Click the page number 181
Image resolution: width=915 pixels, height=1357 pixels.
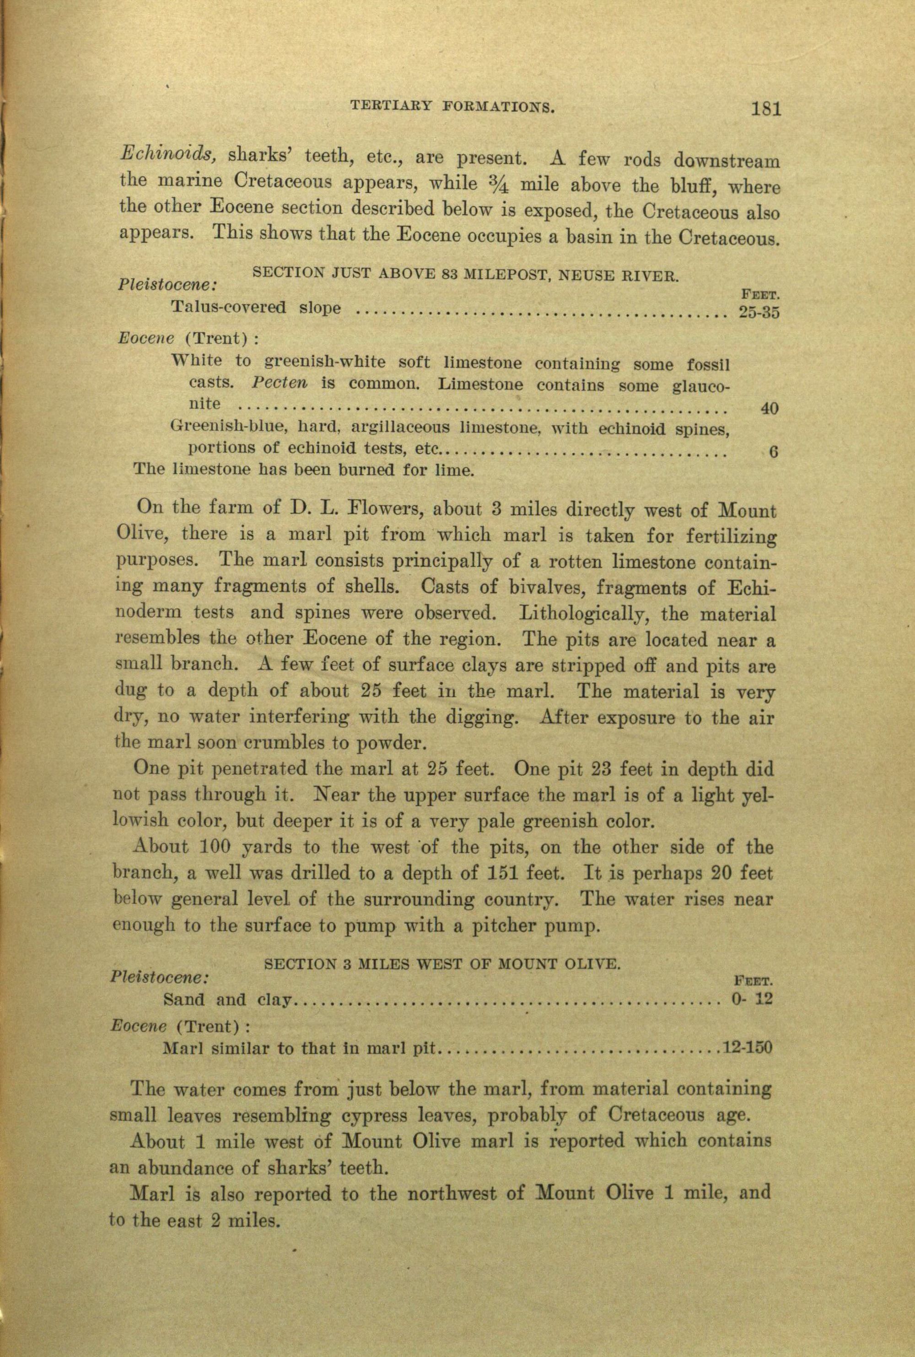point(766,108)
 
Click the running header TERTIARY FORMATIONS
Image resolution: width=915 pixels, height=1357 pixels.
point(451,106)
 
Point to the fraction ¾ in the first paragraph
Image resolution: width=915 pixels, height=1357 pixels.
point(498,186)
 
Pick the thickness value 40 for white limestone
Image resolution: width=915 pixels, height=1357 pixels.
point(770,409)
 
